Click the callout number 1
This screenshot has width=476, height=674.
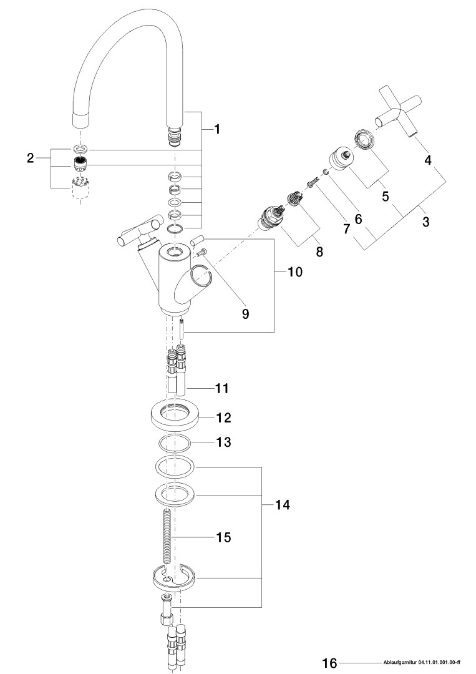click(216, 130)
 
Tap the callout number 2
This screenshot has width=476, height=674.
click(30, 159)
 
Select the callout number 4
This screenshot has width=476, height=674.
click(428, 160)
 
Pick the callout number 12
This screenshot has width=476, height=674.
click(223, 416)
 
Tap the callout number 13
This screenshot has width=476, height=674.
click(223, 442)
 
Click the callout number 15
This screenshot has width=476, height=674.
click(223, 537)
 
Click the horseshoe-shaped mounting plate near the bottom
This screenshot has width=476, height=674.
click(174, 579)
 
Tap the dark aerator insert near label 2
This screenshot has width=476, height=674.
click(79, 165)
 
